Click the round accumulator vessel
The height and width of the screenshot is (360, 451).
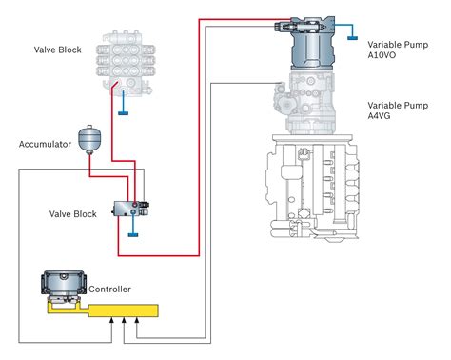tap(89, 139)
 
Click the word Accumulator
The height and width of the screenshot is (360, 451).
tap(45, 144)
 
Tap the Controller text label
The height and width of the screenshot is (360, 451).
tap(109, 290)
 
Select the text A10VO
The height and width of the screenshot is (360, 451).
tap(382, 55)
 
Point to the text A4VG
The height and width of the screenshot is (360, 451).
tap(379, 116)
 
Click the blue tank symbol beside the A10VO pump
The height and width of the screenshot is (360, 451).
tap(352, 38)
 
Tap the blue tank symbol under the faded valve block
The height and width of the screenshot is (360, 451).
tap(123, 112)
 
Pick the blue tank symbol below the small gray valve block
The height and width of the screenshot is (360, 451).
tap(133, 235)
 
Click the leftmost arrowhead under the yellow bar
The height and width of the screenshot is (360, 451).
tap(111, 320)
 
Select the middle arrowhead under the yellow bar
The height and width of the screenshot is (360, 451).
tap(124, 320)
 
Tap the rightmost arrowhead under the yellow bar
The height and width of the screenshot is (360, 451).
tap(137, 320)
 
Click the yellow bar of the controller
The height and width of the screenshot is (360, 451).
tap(123, 310)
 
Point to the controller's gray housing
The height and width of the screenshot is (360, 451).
tap(64, 282)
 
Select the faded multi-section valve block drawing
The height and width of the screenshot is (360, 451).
tap(126, 63)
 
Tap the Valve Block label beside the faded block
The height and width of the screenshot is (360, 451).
tap(58, 50)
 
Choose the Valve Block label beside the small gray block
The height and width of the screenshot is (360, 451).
tap(73, 214)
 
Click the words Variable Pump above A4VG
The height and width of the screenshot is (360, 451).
tap(398, 106)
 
